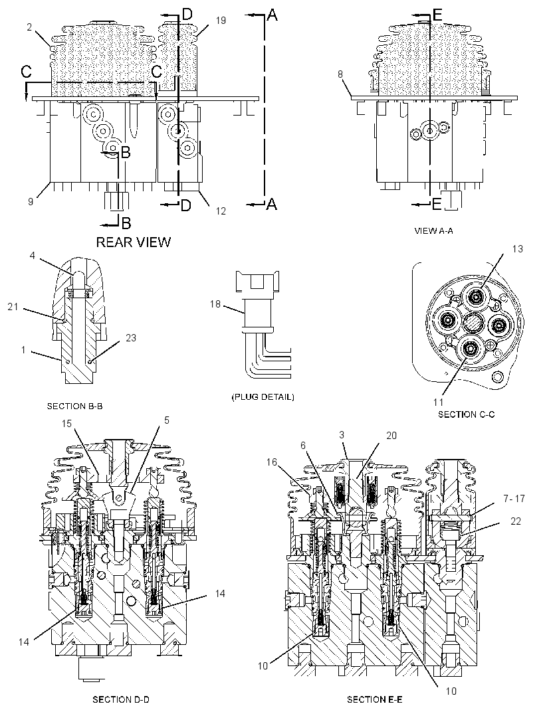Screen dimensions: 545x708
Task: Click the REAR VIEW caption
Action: (134, 242)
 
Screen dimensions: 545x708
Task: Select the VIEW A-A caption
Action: (434, 230)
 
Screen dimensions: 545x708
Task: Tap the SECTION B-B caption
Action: (74, 406)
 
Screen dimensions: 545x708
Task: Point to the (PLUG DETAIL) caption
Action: (263, 397)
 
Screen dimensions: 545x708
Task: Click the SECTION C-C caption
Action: (467, 414)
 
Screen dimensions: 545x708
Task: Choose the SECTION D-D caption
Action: (121, 699)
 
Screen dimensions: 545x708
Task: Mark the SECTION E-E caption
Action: (374, 699)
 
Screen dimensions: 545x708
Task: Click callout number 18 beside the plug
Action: (215, 304)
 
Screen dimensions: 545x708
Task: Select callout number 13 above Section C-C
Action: (518, 249)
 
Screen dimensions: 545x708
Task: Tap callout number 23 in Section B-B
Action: (131, 338)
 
